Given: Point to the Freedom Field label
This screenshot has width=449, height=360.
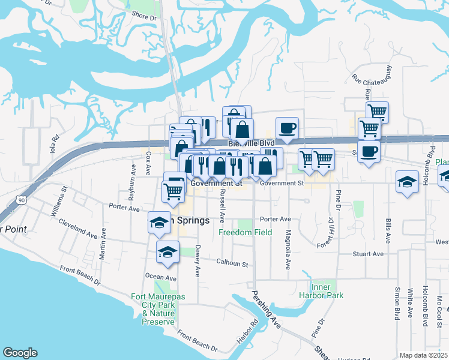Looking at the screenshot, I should pyautogui.click(x=245, y=232).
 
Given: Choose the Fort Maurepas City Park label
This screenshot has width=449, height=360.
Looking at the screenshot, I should pyautogui.click(x=154, y=305).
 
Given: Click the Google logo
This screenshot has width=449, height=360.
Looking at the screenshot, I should pyautogui.click(x=20, y=353).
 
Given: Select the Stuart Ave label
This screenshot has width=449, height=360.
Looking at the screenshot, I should pyautogui.click(x=369, y=254).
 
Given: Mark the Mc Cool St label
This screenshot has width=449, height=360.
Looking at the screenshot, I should pyautogui.click(x=439, y=310).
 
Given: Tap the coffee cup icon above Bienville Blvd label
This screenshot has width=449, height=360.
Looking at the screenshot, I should pyautogui.click(x=287, y=128).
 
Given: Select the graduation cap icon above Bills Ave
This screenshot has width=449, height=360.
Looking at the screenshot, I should pyautogui.click(x=407, y=182).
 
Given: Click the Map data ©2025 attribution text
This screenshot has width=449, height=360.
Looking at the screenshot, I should pyautogui.click(x=424, y=355).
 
